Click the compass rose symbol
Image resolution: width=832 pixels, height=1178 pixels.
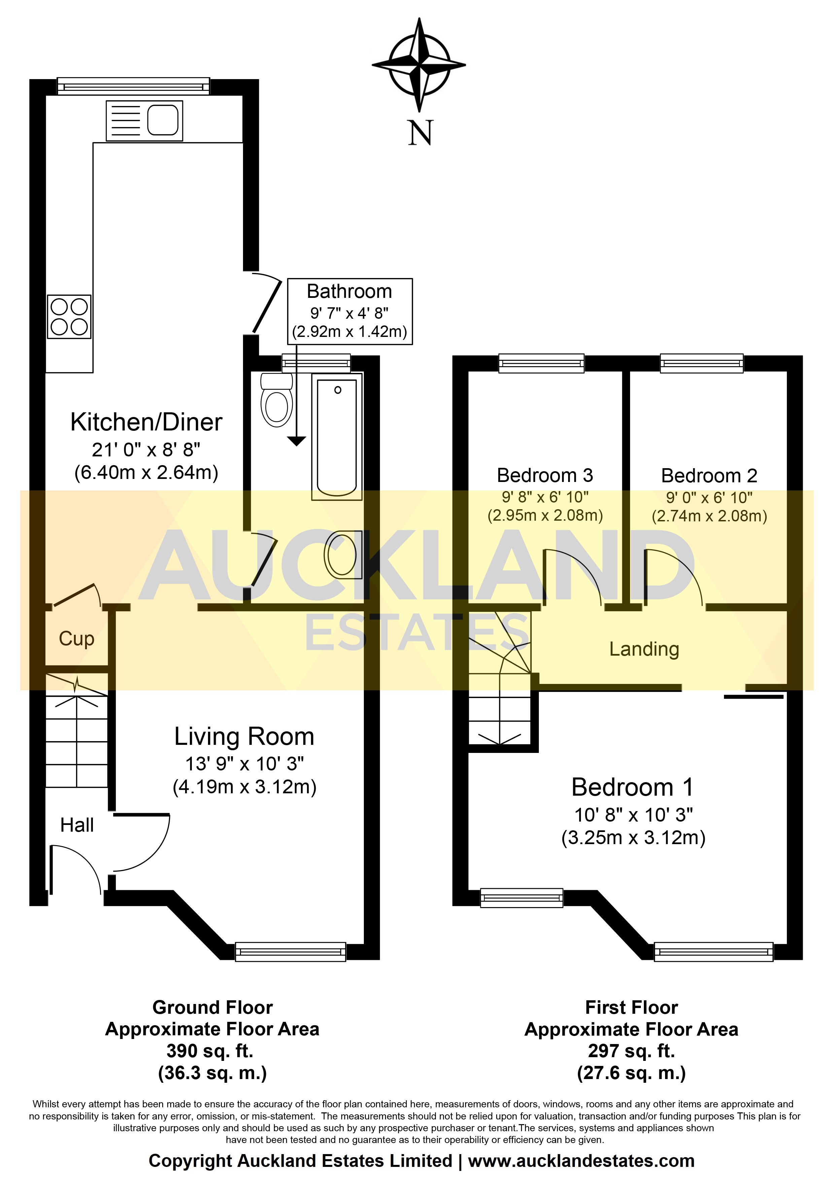[x=419, y=65]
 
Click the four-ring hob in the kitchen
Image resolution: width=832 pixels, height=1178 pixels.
[x=69, y=317]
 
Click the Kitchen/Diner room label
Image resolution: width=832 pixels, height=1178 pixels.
[x=146, y=422]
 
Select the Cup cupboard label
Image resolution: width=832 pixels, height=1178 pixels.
[x=76, y=639]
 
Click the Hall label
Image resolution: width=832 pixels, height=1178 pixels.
[x=77, y=825]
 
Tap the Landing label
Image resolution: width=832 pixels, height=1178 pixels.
[x=644, y=649]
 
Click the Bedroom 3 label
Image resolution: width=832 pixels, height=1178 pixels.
[x=545, y=475]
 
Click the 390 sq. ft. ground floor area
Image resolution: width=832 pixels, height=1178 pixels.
[x=210, y=1051]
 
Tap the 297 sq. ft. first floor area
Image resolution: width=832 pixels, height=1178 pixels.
[x=631, y=1051]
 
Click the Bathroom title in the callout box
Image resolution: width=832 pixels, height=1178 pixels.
[x=349, y=291]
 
